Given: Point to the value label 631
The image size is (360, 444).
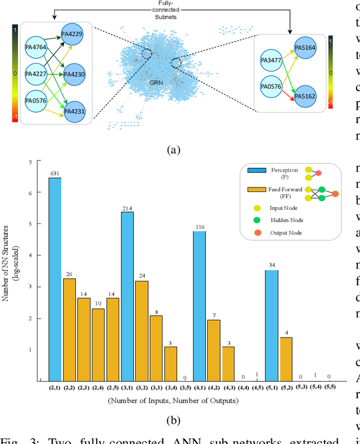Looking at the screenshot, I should click(55, 173).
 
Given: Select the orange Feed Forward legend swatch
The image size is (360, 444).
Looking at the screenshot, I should click(257, 191).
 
